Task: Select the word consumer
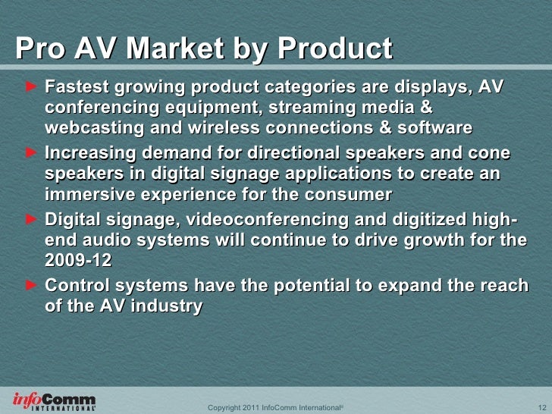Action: [353, 193]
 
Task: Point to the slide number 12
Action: [531, 407]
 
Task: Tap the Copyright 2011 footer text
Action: [274, 407]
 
